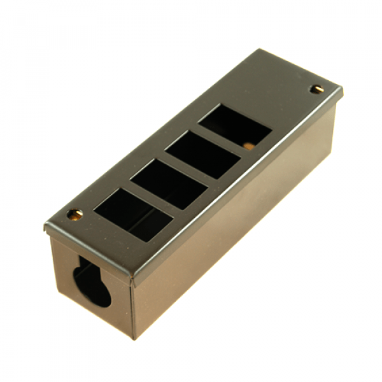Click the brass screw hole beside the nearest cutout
click(75, 215)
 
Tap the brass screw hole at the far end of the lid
click(316, 89)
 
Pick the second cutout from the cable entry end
click(169, 184)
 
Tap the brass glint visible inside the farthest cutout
click(249, 145)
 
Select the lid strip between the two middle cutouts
click(187, 169)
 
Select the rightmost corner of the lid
click(343, 91)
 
